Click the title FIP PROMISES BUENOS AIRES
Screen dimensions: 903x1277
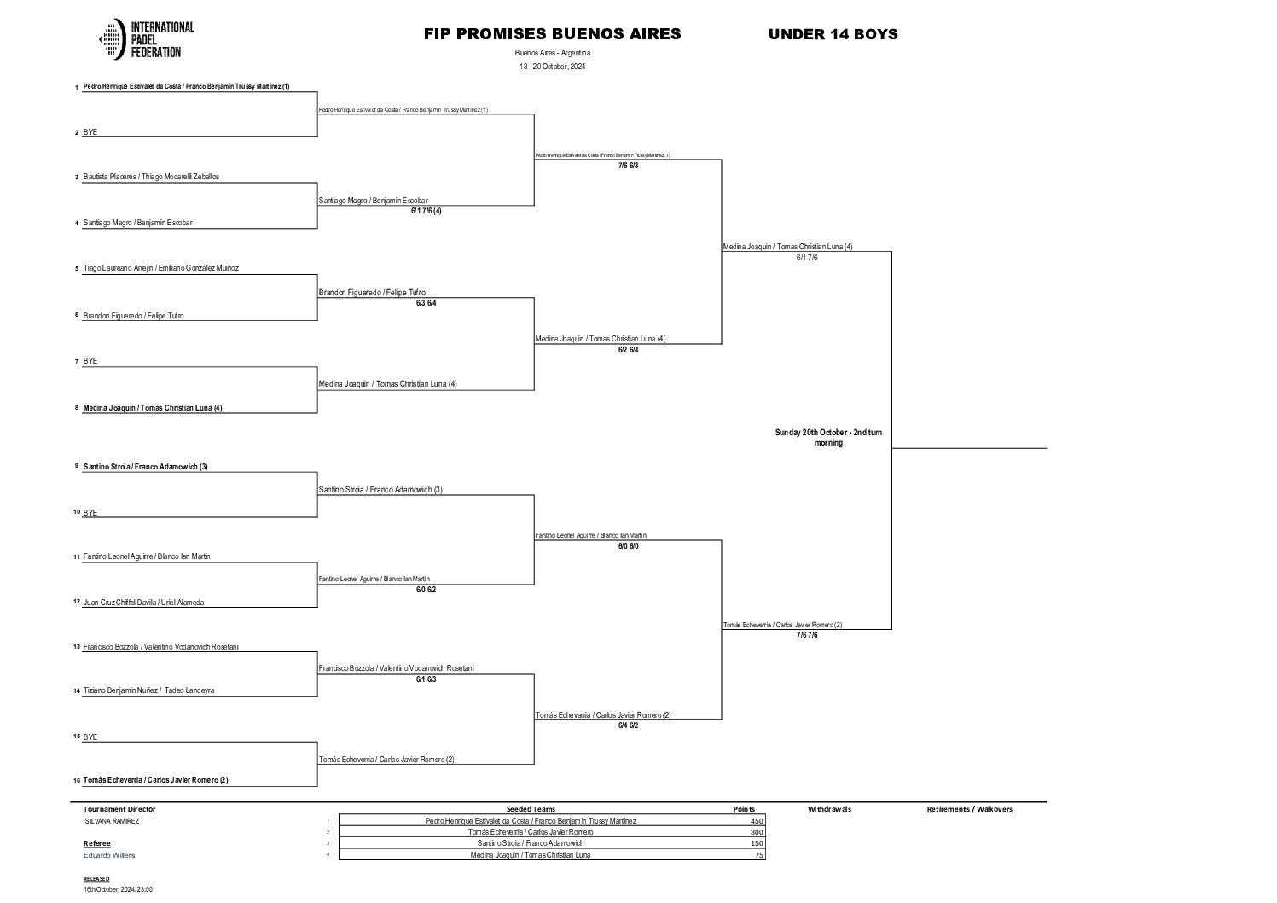click(552, 34)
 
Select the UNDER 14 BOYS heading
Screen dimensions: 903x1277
click(833, 34)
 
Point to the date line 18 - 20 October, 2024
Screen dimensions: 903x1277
click(552, 67)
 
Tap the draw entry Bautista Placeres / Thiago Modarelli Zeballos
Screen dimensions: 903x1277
click(151, 177)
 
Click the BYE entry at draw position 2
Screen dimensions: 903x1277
click(90, 132)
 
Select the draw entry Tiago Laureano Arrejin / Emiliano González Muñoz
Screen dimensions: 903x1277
click(160, 268)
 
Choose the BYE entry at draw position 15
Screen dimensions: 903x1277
click(90, 737)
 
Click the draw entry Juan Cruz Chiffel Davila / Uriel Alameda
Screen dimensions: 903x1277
click(143, 603)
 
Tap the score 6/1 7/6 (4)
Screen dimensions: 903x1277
click(426, 210)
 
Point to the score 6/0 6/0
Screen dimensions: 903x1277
click(628, 545)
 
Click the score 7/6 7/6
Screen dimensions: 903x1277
click(807, 635)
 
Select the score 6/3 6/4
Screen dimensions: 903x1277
click(426, 303)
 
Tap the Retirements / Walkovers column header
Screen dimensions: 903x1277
click(969, 809)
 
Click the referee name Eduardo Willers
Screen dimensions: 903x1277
click(109, 855)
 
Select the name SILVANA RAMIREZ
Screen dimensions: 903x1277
click(112, 821)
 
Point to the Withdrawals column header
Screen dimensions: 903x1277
click(829, 809)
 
